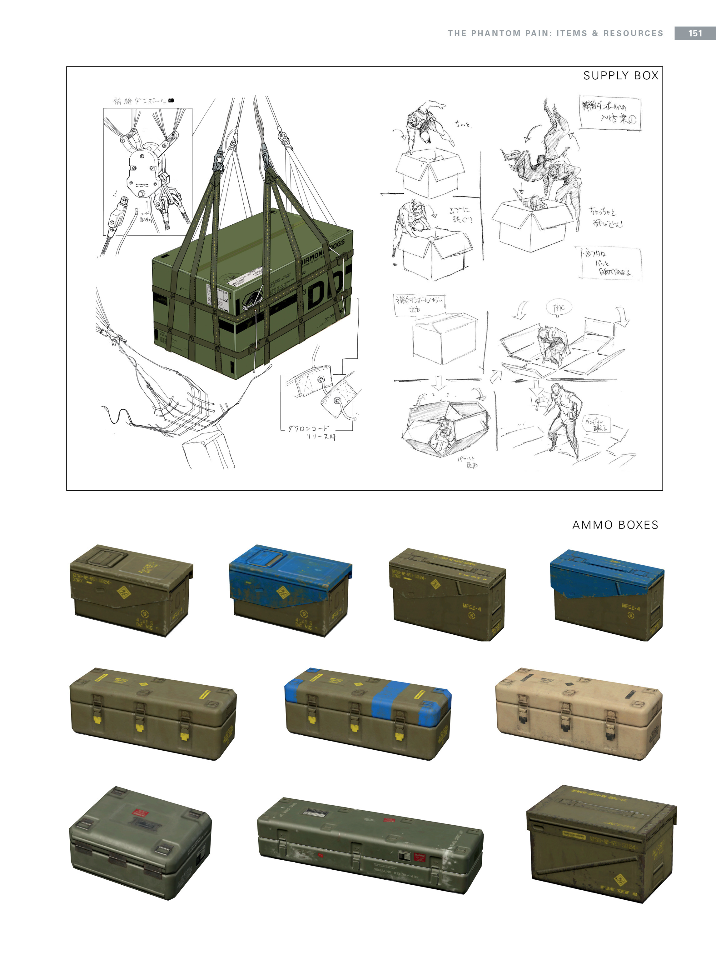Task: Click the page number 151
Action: coord(694,33)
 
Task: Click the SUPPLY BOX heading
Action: coord(621,76)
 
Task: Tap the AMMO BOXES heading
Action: coord(615,525)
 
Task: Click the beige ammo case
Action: coord(578,712)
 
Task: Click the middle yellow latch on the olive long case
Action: coord(139,728)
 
